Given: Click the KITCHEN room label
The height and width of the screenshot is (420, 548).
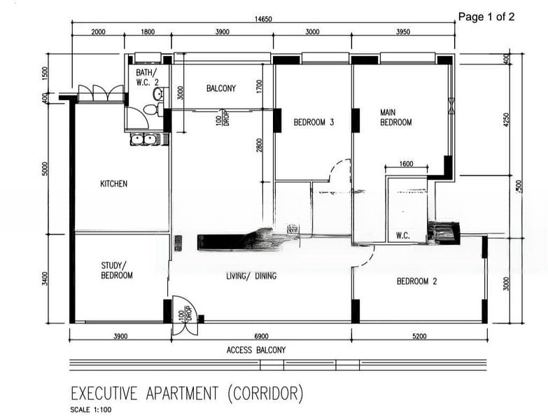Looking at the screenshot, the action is click(114, 183).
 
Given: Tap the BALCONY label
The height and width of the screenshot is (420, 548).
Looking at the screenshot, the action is click(221, 88).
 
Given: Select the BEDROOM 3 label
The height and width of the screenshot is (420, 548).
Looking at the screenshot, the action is click(314, 122).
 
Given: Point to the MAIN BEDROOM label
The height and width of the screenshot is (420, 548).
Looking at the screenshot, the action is click(395, 118).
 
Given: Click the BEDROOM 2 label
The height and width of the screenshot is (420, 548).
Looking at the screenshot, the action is click(416, 281).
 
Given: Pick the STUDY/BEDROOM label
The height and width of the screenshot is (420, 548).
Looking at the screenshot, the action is click(117, 270).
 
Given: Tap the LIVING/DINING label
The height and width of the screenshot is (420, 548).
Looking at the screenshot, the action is click(251, 276).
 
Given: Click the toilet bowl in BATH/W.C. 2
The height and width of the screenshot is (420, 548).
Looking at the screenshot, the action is click(151, 109).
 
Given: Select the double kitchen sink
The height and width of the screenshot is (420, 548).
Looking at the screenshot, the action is click(144, 140).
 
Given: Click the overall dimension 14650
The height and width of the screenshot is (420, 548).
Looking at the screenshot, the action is click(263, 19).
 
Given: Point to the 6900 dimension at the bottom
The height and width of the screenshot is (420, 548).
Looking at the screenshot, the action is click(262, 336).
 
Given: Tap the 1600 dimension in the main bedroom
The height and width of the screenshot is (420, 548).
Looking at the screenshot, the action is click(406, 164).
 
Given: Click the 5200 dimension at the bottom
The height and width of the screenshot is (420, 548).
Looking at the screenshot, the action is click(419, 336).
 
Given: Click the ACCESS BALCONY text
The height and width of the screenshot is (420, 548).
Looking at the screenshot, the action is click(256, 350).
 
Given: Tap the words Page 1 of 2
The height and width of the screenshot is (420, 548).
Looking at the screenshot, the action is click(486, 17).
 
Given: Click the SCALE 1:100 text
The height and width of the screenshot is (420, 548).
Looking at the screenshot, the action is click(91, 410).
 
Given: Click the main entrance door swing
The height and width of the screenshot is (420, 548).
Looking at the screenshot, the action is click(185, 314).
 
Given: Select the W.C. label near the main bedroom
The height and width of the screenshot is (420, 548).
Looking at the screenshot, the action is click(403, 235).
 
